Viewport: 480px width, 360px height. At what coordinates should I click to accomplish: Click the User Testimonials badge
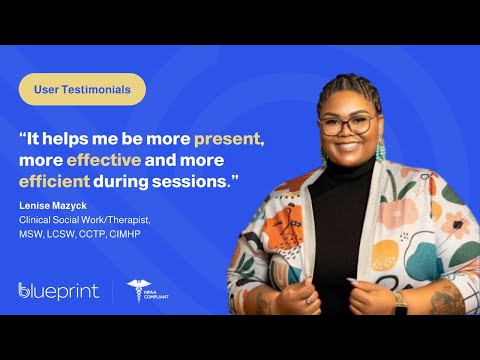pos(82,89)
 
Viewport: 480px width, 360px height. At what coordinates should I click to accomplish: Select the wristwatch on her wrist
pos(399,299)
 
